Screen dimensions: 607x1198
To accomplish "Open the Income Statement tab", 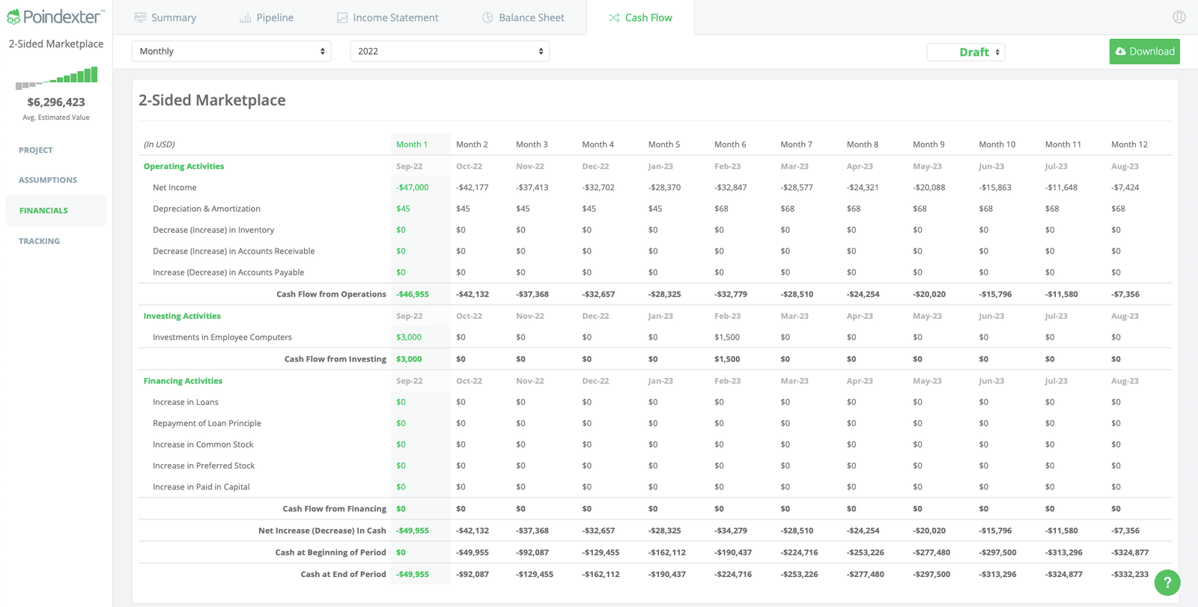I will [x=387, y=17].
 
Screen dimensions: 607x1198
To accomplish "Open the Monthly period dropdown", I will [x=231, y=51].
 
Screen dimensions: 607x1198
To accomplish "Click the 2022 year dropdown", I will [x=449, y=51].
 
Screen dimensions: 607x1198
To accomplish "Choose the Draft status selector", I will [x=966, y=52].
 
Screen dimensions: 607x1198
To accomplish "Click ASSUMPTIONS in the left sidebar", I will [x=48, y=180].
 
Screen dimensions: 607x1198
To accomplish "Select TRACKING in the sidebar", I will [x=39, y=241].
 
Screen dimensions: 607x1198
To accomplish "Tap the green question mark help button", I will [x=1167, y=582].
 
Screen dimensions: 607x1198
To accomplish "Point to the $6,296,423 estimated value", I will [x=56, y=102].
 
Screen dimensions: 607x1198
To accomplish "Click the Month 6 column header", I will [x=729, y=144].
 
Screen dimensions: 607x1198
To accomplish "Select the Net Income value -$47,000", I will [x=413, y=188].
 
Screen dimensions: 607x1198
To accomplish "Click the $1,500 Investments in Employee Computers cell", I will [x=726, y=338].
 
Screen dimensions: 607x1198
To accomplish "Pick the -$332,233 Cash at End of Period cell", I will [x=1129, y=574].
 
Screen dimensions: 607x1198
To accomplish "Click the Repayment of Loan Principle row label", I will [x=207, y=424].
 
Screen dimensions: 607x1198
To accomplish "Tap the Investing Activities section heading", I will [x=182, y=316].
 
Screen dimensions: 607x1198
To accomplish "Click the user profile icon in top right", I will [x=1179, y=16].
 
